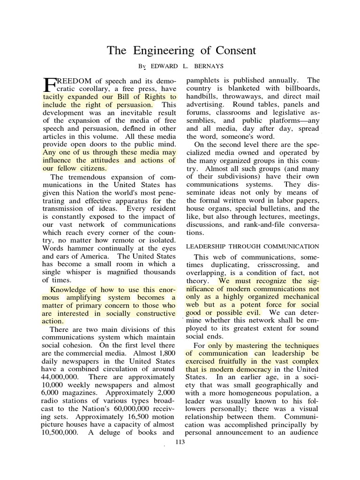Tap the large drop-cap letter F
click(49, 84)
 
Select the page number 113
click(180, 442)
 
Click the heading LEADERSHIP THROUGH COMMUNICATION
click(253, 246)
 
